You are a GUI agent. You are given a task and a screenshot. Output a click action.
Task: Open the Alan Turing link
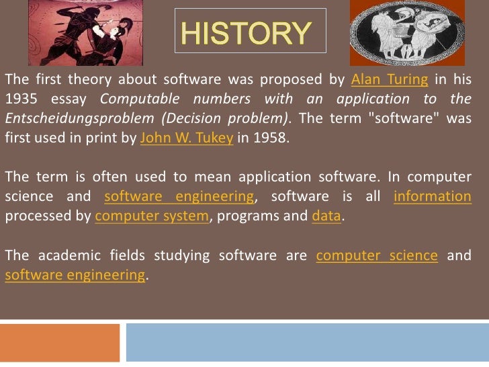tap(389, 80)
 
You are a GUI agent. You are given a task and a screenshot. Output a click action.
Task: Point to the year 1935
tap(20, 100)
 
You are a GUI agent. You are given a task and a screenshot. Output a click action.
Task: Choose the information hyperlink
tap(433, 197)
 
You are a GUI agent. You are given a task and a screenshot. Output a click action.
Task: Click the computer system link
tap(152, 216)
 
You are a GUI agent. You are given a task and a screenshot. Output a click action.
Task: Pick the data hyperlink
tap(327, 216)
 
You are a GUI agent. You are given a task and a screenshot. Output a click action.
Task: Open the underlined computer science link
tap(377, 255)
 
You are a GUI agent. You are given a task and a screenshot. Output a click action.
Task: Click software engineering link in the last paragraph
tap(75, 275)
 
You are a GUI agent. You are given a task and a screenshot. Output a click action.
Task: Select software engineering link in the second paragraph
tap(179, 197)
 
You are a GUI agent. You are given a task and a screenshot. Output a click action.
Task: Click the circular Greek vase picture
tap(407, 32)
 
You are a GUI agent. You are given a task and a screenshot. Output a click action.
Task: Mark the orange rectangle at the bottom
tap(60, 343)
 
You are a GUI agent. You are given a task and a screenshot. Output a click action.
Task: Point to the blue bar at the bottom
tap(307, 343)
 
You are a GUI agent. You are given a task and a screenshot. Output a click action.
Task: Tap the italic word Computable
tap(137, 100)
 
